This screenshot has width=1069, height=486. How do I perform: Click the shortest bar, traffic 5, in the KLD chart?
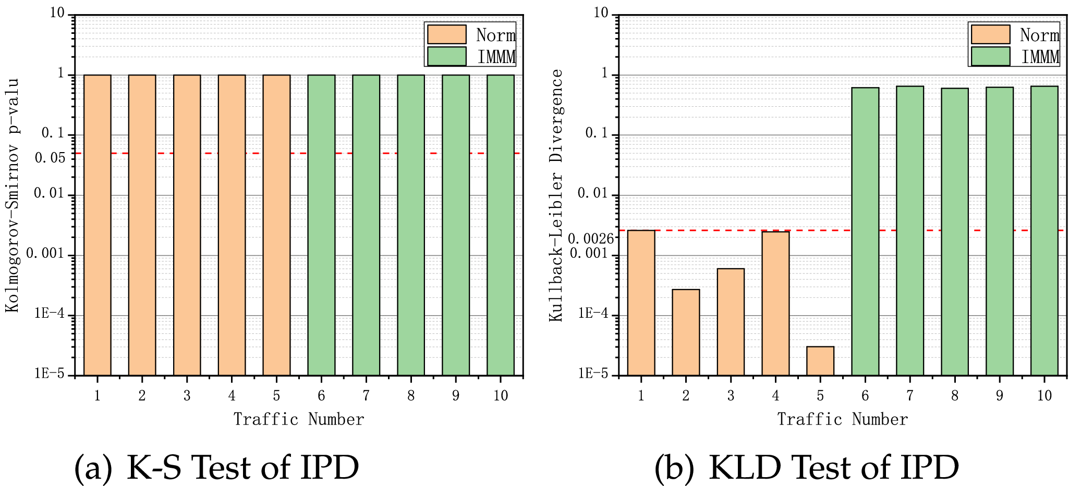(x=820, y=361)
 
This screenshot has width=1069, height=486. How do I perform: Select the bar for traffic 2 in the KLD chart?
(x=686, y=332)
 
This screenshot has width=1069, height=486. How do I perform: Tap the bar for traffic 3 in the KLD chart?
(x=731, y=322)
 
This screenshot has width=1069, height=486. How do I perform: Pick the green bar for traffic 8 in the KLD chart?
(x=954, y=232)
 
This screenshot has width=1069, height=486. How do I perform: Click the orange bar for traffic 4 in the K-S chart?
(x=232, y=225)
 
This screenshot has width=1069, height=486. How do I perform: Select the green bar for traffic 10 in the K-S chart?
(x=501, y=225)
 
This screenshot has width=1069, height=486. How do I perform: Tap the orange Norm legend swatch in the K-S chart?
(x=446, y=34)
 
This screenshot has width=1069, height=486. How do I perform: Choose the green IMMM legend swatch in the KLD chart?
(x=990, y=56)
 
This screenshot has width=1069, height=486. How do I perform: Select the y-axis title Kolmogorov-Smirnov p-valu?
(x=13, y=195)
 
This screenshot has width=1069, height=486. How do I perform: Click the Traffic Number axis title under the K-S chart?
(x=298, y=419)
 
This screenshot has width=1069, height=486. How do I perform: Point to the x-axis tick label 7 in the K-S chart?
(x=366, y=396)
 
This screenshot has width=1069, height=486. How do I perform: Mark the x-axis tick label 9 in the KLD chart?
(x=999, y=396)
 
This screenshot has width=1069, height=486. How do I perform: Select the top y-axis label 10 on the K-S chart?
(x=57, y=14)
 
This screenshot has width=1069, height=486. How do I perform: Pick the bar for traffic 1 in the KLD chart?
(x=641, y=302)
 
